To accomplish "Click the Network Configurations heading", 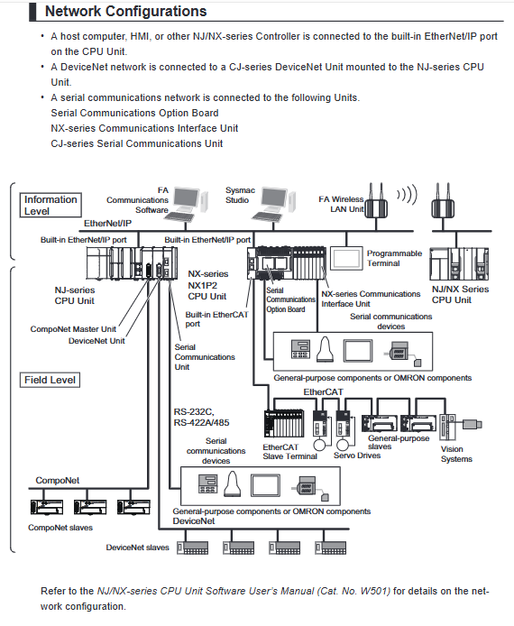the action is tap(125, 11).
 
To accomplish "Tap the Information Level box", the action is tap(50, 205).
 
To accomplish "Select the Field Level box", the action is tap(50, 380).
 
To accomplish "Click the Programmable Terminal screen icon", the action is tap(346, 259).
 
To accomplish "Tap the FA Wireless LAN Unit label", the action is tap(341, 204).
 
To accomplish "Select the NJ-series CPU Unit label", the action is tap(75, 296).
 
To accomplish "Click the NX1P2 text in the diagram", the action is tap(203, 285).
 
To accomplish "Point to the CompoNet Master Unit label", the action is tap(73, 329).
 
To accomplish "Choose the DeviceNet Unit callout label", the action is tap(96, 341).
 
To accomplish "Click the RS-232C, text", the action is tap(194, 411).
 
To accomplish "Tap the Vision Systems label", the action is tap(456, 454).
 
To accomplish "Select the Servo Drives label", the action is tap(357, 456).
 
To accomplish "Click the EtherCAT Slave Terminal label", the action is tap(289, 452).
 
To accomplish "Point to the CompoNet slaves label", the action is tap(60, 528).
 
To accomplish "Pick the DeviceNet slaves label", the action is tap(138, 548).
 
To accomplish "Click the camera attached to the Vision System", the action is tap(473, 424).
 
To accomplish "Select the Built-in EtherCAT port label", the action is tap(216, 319).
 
